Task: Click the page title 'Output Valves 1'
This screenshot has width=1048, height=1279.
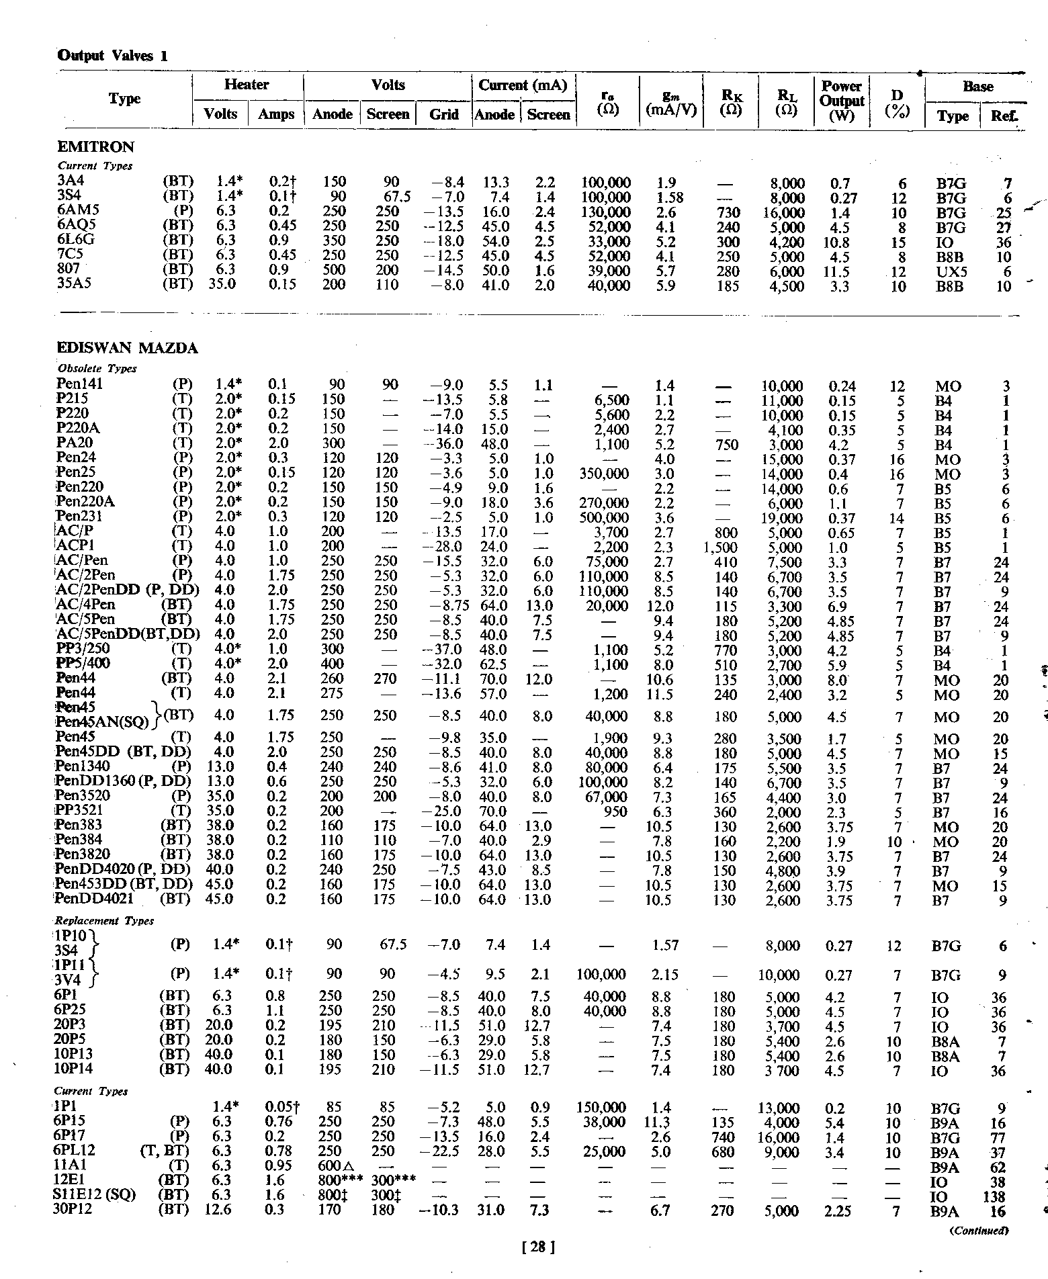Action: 112,56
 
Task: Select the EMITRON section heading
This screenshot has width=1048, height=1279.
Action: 95,147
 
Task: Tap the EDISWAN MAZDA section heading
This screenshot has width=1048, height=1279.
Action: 128,348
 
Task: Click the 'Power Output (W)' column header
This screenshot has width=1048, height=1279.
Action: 841,100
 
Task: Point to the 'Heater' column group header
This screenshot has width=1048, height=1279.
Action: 247,85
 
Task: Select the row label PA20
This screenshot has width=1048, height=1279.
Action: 75,443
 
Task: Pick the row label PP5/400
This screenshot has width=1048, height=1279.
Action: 84,664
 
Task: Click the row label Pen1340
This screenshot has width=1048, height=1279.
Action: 83,766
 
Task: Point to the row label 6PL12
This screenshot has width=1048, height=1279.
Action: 74,1151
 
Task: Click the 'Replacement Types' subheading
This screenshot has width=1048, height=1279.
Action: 104,921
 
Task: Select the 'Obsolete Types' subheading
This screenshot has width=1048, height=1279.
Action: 97,369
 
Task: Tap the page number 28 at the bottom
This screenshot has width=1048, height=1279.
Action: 538,1247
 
